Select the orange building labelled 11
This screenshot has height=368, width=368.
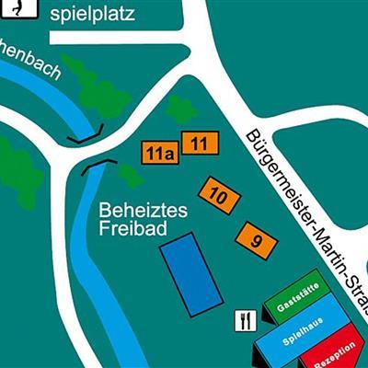point(199,143)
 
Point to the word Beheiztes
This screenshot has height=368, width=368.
point(143,211)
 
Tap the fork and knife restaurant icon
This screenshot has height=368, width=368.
point(246,320)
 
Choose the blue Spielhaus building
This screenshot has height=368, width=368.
point(304,337)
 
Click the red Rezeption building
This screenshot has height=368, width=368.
point(335,354)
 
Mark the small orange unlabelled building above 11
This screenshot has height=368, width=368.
point(181,110)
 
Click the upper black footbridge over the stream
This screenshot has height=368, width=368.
point(84,136)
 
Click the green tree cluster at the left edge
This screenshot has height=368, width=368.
point(18,170)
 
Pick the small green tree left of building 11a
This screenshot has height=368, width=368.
point(128,173)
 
